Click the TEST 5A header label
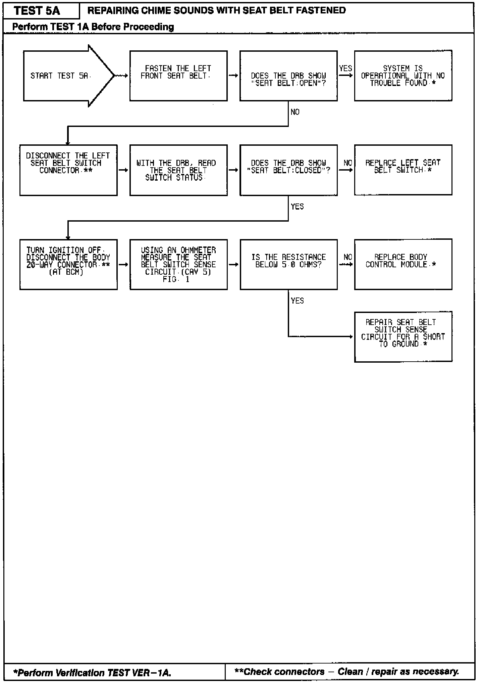(37, 11)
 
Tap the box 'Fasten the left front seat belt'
(178, 76)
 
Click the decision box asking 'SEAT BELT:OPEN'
(288, 76)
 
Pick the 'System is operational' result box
(403, 76)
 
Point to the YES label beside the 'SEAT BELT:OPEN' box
(345, 69)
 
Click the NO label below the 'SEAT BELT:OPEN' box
(295, 112)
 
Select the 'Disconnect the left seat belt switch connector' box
(68, 170)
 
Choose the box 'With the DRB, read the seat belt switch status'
(178, 170)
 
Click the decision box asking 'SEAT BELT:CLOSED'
(288, 170)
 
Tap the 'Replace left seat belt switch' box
(403, 170)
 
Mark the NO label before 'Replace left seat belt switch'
(348, 163)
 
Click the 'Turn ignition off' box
(68, 264)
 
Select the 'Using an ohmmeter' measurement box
(178, 264)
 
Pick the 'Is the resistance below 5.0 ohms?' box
(288, 264)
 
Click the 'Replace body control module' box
(403, 264)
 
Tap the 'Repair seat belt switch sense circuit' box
(403, 336)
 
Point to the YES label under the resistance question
(297, 301)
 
